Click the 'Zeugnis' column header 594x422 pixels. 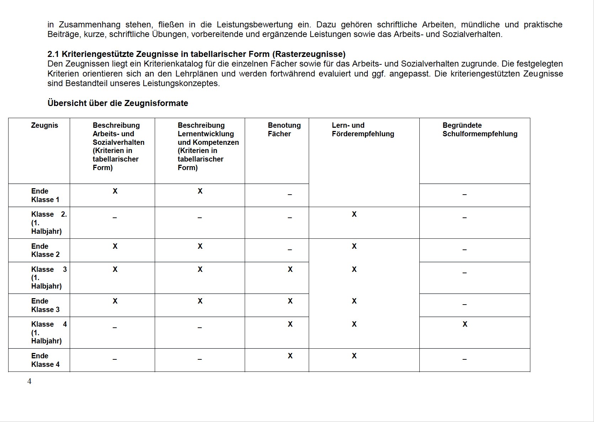pyautogui.click(x=44, y=125)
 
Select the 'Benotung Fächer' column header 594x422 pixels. pyautogui.click(x=284, y=130)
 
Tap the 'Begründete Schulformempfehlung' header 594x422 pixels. pyautogui.click(x=480, y=130)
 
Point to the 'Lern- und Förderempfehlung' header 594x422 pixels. pyautogui.click(x=363, y=130)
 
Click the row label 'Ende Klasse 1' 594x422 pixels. pyautogui.click(x=45, y=195)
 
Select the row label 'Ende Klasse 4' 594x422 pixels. pyautogui.click(x=45, y=360)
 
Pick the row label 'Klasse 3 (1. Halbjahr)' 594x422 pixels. pyautogui.click(x=49, y=278)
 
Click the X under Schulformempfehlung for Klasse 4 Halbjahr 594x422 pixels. pyautogui.click(x=465, y=324)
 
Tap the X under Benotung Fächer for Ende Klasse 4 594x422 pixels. pyautogui.click(x=290, y=356)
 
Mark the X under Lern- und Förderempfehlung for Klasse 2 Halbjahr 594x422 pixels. pyautogui.click(x=354, y=214)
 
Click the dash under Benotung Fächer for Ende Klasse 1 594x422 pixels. pyautogui.click(x=290, y=195)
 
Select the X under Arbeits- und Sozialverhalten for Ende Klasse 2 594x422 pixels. pyautogui.click(x=115, y=246)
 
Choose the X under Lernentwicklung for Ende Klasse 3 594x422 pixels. pyautogui.click(x=200, y=301)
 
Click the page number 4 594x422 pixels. pyautogui.click(x=29, y=381)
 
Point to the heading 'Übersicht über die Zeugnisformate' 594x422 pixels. pyautogui.click(x=118, y=103)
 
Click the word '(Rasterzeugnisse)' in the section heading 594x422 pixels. pyautogui.click(x=309, y=54)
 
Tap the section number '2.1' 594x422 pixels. pyautogui.click(x=53, y=54)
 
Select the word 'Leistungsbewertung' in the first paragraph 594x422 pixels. pyautogui.click(x=255, y=25)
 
